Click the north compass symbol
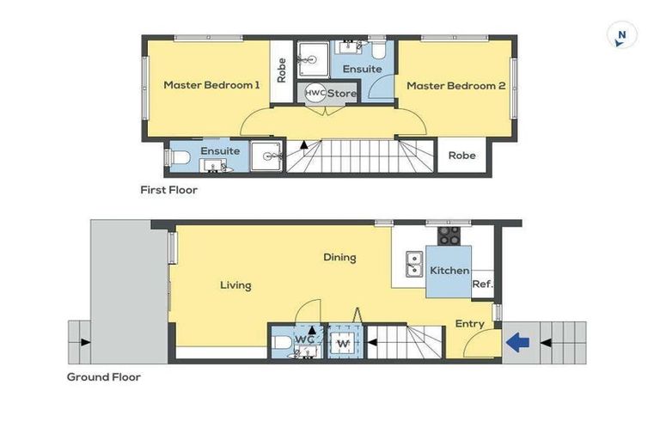point(621,36)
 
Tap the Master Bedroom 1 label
point(211,85)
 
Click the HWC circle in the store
point(315,93)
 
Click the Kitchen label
point(449,271)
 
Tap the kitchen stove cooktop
point(449,235)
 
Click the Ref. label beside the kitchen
point(481,284)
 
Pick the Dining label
point(339,257)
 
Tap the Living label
point(235,284)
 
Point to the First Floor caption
point(168,190)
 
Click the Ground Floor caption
point(103,376)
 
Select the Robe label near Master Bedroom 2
point(461,156)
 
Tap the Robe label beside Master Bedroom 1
point(281,70)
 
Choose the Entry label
point(470,324)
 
